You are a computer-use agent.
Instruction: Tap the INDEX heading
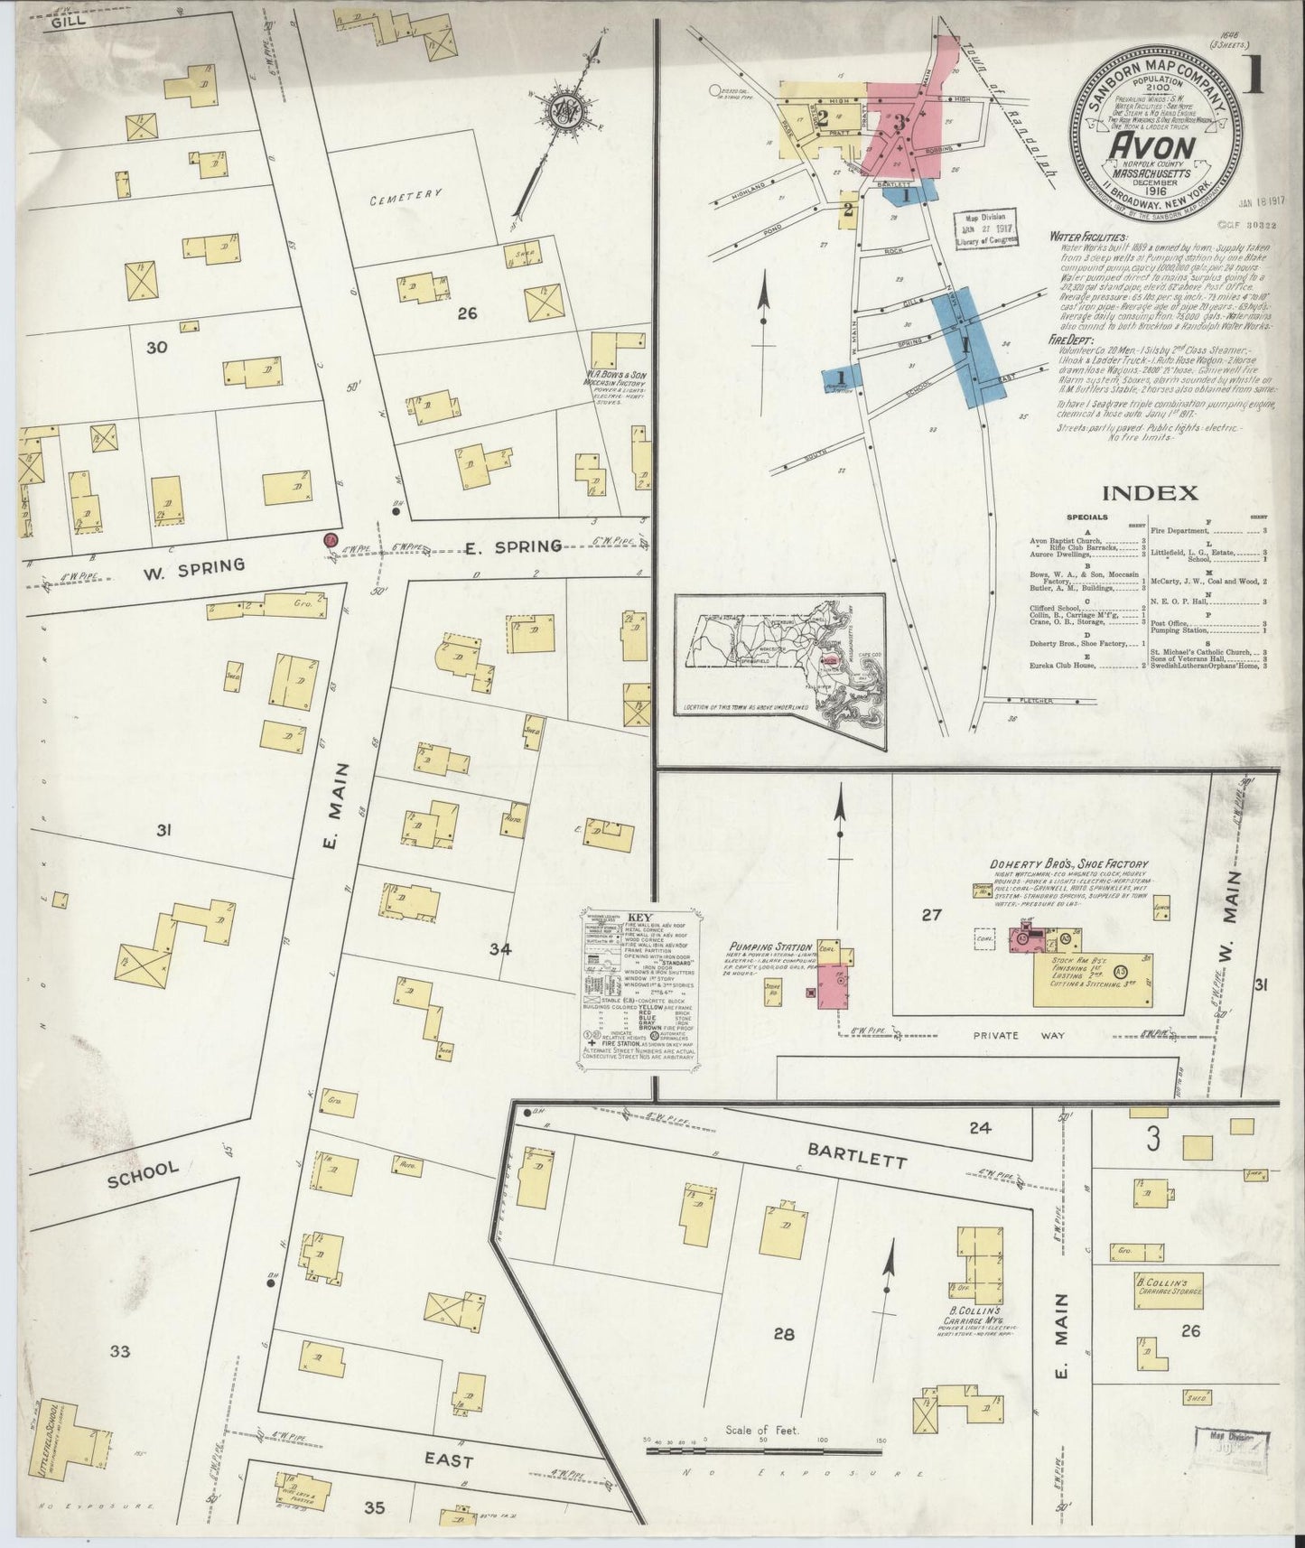coord(1149,493)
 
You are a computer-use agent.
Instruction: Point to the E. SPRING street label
coord(513,545)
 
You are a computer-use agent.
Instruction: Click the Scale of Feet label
coord(764,1431)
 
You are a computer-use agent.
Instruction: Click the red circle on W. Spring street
coord(331,540)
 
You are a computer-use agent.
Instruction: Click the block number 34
coord(500,949)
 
